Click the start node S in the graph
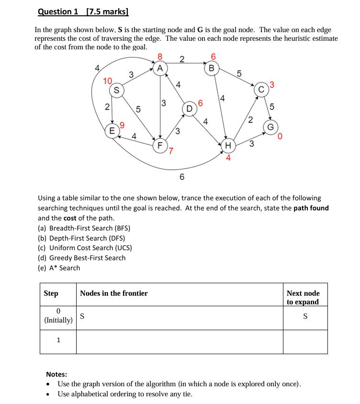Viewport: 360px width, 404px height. (x=116, y=90)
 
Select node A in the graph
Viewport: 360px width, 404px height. (x=160, y=68)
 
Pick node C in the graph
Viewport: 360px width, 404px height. (x=261, y=90)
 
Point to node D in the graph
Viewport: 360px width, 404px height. (x=189, y=109)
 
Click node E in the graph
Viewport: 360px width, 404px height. (x=112, y=130)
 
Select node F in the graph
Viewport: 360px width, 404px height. (x=160, y=144)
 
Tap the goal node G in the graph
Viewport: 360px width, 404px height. (x=270, y=127)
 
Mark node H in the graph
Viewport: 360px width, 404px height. (x=228, y=145)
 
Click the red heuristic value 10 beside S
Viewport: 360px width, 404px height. (x=108, y=80)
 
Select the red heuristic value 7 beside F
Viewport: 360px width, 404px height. (x=170, y=152)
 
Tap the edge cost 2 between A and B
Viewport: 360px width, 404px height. (x=182, y=59)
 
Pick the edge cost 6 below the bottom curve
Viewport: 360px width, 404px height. (x=182, y=177)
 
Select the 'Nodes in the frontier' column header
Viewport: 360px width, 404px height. (x=114, y=293)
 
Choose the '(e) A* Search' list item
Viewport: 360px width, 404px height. (x=59, y=268)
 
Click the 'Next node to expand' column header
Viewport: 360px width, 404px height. (x=303, y=297)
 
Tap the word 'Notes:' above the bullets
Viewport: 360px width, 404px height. (x=56, y=374)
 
